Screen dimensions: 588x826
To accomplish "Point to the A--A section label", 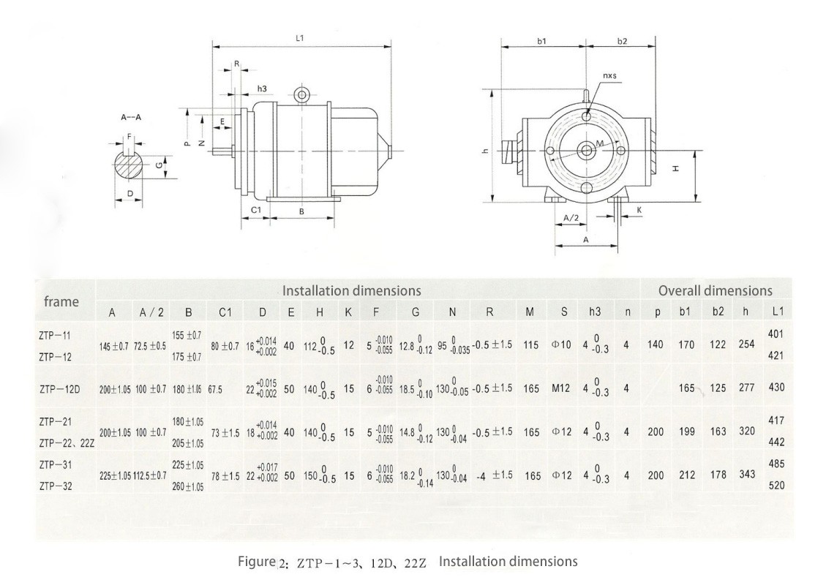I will (132, 117).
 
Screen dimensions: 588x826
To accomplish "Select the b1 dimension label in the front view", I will (542, 42).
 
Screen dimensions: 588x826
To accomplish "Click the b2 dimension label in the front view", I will (622, 42).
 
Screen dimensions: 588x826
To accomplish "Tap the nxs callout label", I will (609, 75).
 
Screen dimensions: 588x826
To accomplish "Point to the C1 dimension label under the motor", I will (256, 210).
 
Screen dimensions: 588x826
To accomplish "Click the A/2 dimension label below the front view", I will (573, 217).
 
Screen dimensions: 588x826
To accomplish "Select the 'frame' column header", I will (61, 301).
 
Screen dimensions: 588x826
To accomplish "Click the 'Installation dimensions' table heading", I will (351, 291).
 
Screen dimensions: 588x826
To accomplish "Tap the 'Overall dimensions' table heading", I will (715, 291).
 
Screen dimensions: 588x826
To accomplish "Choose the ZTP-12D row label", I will (60, 388).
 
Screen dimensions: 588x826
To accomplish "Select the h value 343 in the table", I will (746, 475).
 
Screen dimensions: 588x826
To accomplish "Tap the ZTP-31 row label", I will (55, 464).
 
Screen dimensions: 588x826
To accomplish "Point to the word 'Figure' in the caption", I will (256, 562).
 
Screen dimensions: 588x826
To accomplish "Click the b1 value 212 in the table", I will (686, 475).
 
